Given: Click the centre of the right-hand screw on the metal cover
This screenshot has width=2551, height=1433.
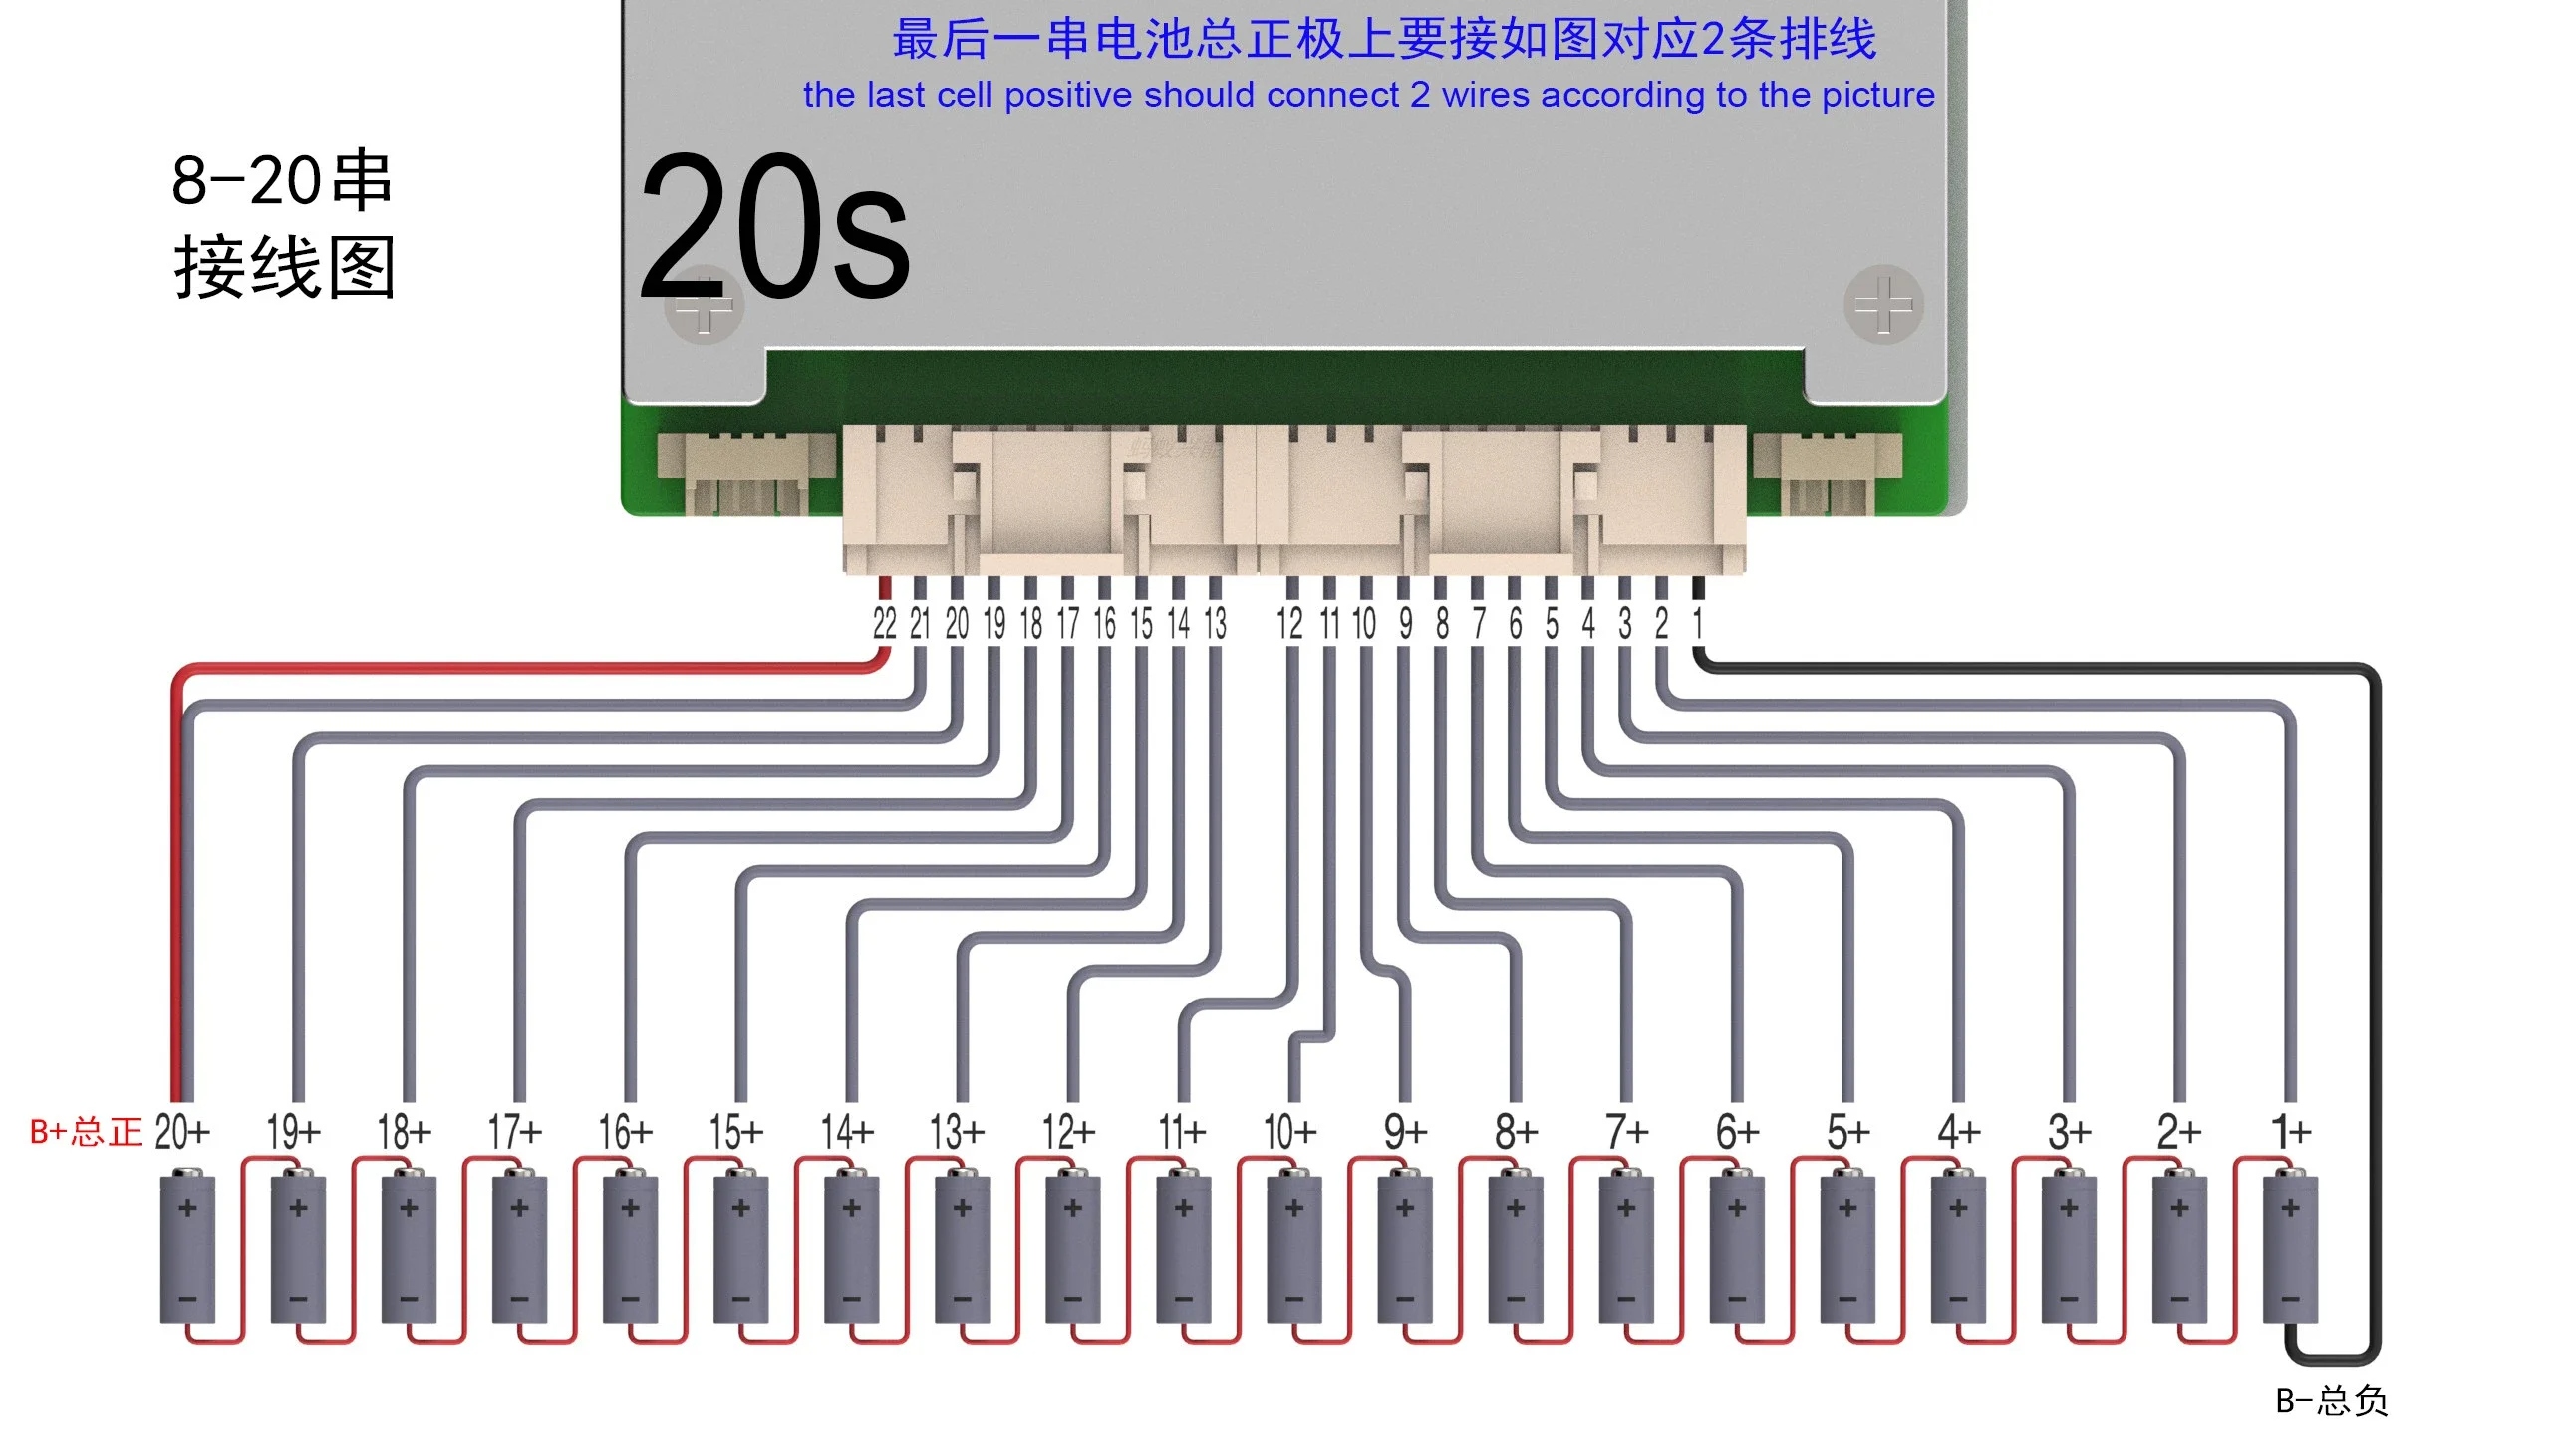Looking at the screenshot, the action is coord(1882,304).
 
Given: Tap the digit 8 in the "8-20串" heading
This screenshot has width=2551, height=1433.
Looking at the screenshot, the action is coord(189,180).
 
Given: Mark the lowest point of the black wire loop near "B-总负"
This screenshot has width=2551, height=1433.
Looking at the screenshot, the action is coord(2332,1361).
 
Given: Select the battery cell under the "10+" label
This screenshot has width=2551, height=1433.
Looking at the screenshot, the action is coord(1294,1249).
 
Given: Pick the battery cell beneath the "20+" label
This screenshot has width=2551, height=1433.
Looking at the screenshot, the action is coord(187,1249).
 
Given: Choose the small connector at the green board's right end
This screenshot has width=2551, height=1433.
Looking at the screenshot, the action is coord(1827,473).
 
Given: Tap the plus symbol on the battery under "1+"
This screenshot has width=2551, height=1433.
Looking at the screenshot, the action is coord(2290,1208).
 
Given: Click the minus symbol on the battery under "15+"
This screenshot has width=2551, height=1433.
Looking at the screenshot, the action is coord(740,1299).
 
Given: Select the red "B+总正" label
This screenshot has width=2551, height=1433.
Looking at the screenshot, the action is coord(86,1132).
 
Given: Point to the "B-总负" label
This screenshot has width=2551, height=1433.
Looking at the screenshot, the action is coord(2332,1401).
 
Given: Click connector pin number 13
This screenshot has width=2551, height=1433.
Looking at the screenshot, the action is coord(1215,624).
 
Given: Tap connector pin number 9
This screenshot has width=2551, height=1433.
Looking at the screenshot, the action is coord(1405,624).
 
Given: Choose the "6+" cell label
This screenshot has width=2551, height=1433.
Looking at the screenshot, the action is coord(1737,1132).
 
